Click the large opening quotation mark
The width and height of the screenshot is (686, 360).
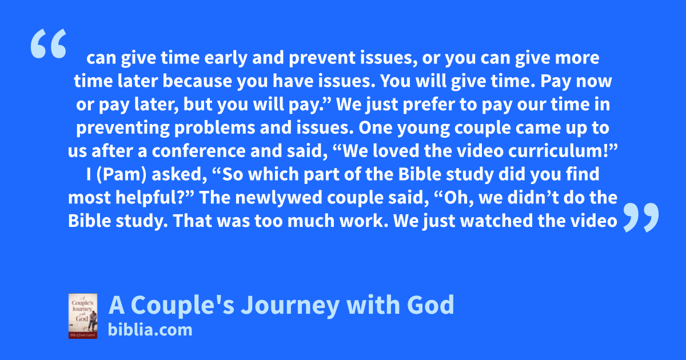49,43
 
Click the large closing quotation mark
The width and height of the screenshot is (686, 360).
641,217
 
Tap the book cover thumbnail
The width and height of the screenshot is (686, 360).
83,316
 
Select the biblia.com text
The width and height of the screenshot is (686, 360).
150,330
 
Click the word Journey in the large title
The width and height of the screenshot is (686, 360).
290,306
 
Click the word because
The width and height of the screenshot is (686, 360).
197,81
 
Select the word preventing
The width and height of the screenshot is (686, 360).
123,128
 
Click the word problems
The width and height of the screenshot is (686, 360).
215,128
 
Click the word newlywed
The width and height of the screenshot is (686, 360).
279,198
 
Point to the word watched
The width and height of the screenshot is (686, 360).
496,221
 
